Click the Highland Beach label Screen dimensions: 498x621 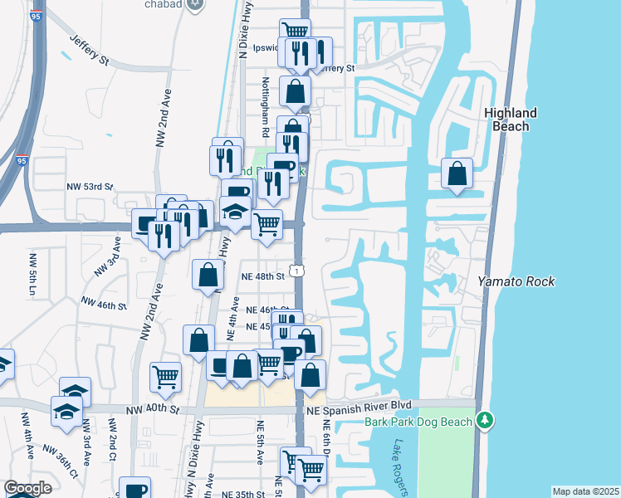pyautogui.click(x=511, y=120)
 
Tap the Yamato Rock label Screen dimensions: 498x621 pyautogui.click(x=516, y=281)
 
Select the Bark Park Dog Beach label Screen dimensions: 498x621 pyautogui.click(x=418, y=421)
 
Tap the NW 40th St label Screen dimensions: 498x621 pyautogui.click(x=154, y=409)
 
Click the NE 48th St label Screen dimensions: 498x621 pyautogui.click(x=262, y=276)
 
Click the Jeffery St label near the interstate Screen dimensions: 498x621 pyautogui.click(x=90, y=50)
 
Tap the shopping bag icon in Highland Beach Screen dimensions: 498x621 pyautogui.click(x=457, y=174)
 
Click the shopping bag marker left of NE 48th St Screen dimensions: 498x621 pyautogui.click(x=208, y=275)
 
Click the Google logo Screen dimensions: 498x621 pyautogui.click(x=27, y=488)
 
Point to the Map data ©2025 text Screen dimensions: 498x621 pyautogui.click(x=585, y=491)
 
